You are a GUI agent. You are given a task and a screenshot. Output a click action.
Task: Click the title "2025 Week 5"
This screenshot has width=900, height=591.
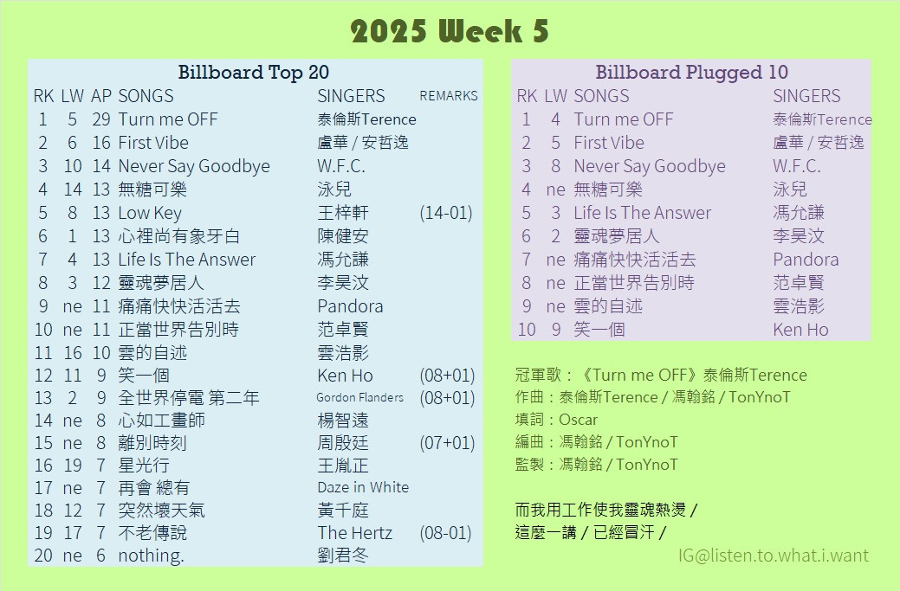pos(450,31)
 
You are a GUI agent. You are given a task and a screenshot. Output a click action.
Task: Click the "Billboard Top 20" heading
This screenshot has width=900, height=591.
pos(253,72)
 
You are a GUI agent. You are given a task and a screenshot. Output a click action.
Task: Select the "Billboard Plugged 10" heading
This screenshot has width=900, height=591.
pos(691,72)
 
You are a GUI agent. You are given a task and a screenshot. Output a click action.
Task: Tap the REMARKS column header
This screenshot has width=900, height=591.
pos(449,96)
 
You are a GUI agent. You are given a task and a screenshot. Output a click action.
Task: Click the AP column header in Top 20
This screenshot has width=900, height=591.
pos(101,96)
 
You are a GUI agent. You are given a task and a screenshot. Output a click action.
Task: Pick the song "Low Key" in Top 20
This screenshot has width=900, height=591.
pos(150,213)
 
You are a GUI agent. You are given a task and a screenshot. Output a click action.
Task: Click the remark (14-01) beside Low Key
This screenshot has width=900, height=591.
pos(446,213)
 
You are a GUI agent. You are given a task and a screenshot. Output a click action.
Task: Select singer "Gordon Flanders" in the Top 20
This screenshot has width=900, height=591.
pos(359,397)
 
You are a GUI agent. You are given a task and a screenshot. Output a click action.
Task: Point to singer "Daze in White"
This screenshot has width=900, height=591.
pos(363,487)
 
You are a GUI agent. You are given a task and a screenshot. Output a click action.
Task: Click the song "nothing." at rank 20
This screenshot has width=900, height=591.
pos(151,556)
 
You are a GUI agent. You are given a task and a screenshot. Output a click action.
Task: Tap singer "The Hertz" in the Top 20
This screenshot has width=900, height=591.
pos(355,533)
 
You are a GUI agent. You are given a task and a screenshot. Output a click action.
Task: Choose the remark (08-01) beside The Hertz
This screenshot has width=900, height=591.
pos(446,533)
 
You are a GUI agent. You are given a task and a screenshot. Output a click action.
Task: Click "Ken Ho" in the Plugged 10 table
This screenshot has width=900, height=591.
pos(800,330)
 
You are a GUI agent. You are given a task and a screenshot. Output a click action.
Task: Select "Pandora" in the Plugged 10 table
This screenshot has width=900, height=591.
pos(806,260)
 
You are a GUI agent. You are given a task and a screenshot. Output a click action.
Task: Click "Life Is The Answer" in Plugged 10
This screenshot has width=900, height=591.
pos(642,213)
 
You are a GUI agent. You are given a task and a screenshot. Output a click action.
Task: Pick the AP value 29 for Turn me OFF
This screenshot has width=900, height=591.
pos(101,119)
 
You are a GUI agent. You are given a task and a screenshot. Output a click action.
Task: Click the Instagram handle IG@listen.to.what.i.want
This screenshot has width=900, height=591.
pos(774,556)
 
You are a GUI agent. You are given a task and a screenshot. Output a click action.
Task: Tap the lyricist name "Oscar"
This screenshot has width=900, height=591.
pos(578,420)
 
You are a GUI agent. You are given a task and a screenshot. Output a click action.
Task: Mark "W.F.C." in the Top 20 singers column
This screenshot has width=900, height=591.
pos(341,166)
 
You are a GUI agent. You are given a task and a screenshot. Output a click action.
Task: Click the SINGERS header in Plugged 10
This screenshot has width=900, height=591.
pos(806,96)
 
